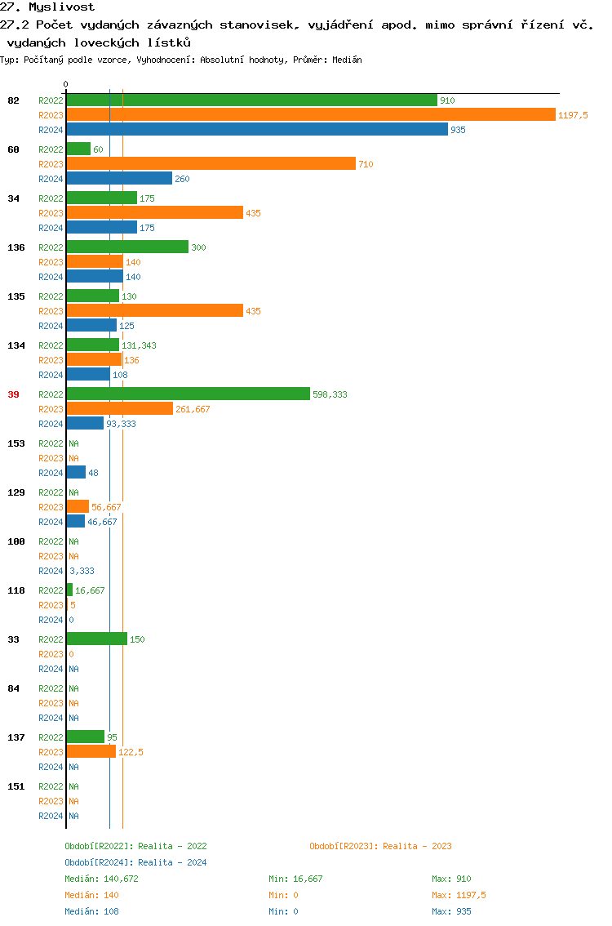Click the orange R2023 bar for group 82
pyautogui.click(x=310, y=115)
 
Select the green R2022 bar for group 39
pyautogui.click(x=188, y=394)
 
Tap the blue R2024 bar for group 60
pyautogui.click(x=119, y=179)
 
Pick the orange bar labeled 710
pyautogui.click(x=211, y=164)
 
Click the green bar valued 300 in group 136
pyautogui.click(x=127, y=247)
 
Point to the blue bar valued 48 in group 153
pyautogui.click(x=76, y=473)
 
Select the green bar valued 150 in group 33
pyautogui.click(x=96, y=639)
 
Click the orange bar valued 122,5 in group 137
pyautogui.click(x=91, y=752)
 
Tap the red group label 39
pyautogui.click(x=13, y=394)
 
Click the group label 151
pyautogui.click(x=16, y=786)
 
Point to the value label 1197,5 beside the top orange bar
pyautogui.click(x=573, y=115)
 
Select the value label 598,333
pyautogui.click(x=330, y=394)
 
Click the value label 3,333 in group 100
pyautogui.click(x=82, y=571)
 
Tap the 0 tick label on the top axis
pyautogui.click(x=66, y=84)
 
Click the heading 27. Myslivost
pyautogui.click(x=47, y=7)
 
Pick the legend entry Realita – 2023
pyautogui.click(x=380, y=846)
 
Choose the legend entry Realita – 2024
pyautogui.click(x=135, y=862)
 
